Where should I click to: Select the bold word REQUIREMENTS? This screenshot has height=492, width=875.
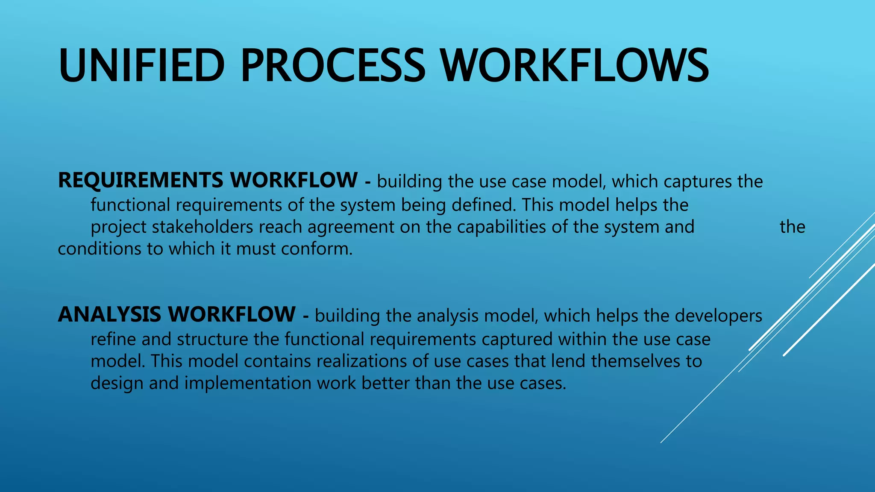[x=141, y=180]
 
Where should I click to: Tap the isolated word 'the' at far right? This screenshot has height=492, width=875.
[x=792, y=227]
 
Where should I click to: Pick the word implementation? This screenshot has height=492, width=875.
[x=248, y=383]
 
